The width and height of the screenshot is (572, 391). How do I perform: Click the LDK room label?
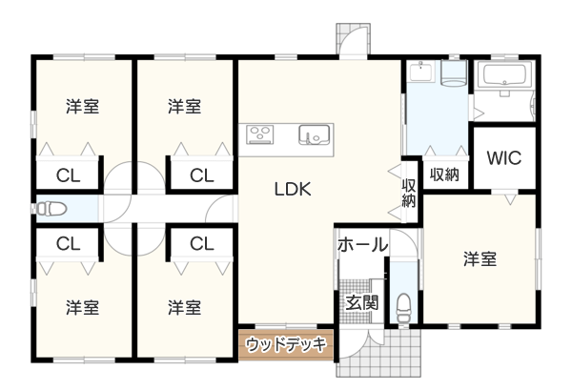[x=294, y=189]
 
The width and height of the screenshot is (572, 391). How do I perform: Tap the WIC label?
[x=504, y=158]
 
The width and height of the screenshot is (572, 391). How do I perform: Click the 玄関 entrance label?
[x=361, y=303]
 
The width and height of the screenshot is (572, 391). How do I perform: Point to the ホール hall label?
[x=362, y=245]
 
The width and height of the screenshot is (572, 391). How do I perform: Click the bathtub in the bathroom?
[x=505, y=78]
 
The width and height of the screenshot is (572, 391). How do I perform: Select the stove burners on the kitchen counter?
[x=261, y=134]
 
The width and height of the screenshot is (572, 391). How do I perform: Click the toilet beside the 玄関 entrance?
[x=402, y=308]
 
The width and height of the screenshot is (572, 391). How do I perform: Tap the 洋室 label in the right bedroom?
[x=480, y=259]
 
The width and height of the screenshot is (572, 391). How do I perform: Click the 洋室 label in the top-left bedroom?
[x=83, y=106]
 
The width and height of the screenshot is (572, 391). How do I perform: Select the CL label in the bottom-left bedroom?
[x=67, y=245]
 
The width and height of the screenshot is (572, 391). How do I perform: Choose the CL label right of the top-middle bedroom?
[x=201, y=175]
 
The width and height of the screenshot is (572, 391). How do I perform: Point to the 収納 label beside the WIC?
[x=445, y=175]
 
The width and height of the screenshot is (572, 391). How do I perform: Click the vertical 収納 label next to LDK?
[x=409, y=194]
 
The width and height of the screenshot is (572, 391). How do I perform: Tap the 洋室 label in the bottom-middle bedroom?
[x=184, y=307]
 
